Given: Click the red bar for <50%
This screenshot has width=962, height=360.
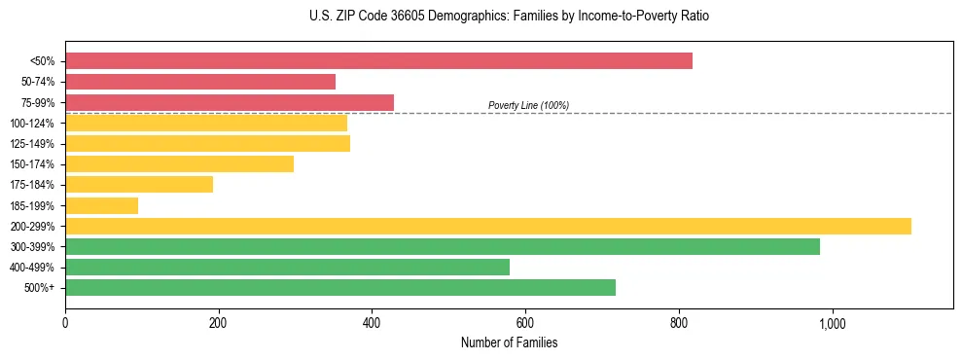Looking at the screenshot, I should (x=378, y=61).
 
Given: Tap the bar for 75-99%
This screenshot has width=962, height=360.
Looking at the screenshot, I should (x=230, y=102).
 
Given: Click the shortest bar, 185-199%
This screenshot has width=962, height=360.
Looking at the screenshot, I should (x=101, y=205).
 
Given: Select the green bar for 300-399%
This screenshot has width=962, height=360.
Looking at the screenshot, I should (x=443, y=246).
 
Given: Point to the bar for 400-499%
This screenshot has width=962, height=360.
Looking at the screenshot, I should (x=287, y=267).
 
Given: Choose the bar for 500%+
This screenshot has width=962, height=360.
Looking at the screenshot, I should (x=340, y=287).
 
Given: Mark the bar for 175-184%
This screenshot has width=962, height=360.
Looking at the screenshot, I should (x=139, y=185).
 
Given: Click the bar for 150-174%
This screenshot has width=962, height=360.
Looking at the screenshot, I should (x=179, y=164).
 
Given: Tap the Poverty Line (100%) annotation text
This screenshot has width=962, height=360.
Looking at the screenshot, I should (x=528, y=105).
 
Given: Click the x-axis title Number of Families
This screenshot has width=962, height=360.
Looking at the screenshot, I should (x=509, y=343).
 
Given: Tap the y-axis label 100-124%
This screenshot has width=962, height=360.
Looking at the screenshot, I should (x=32, y=124).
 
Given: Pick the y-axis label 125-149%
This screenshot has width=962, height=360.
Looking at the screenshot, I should (x=32, y=144).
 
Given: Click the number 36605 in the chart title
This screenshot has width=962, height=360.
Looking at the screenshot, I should (x=395, y=17).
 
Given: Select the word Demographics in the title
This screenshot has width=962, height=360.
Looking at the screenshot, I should (x=452, y=17).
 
